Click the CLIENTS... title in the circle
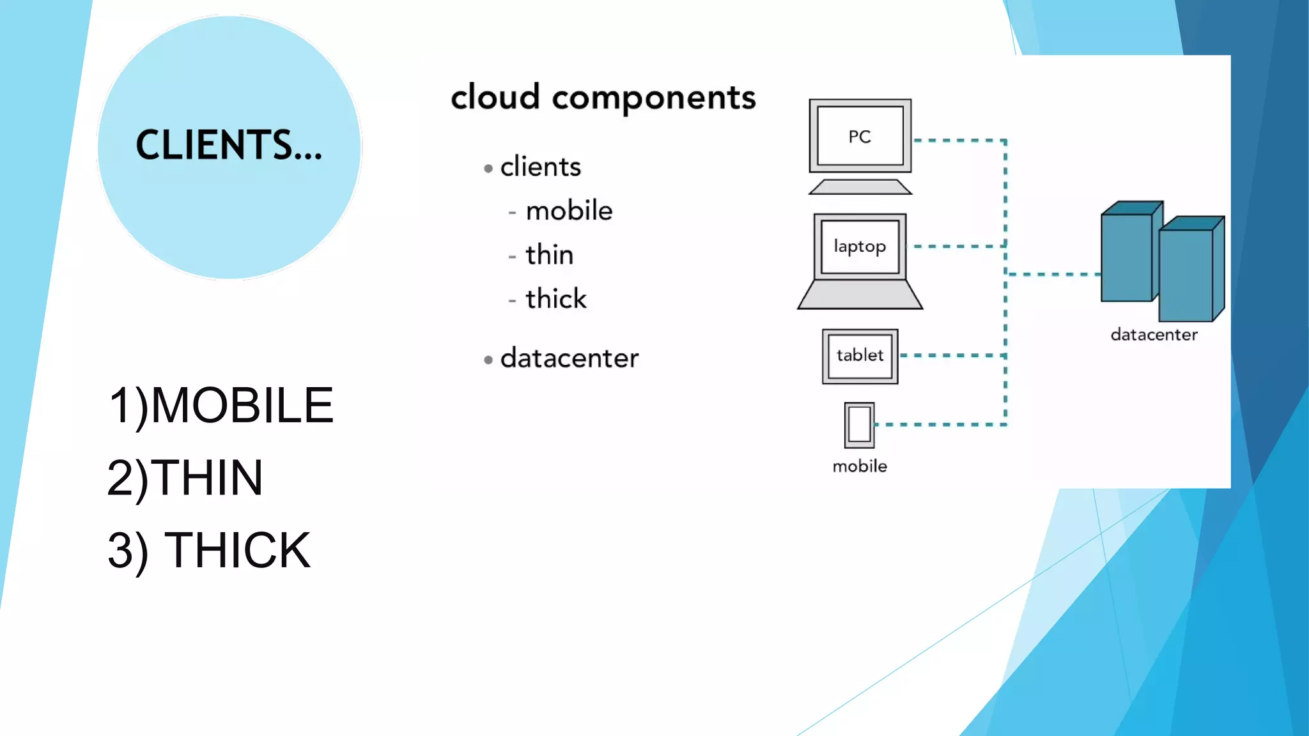[229, 145]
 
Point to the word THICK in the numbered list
[236, 550]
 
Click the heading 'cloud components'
[603, 98]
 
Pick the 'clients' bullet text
[540, 167]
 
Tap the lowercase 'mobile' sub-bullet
[569, 211]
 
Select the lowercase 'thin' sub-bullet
[549, 255]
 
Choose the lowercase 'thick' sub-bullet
[555, 299]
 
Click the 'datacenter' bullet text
[569, 358]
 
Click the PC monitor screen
[860, 136]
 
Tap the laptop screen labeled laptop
[860, 247]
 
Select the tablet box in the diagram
[860, 356]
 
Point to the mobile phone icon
[859, 425]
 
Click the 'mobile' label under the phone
[860, 466]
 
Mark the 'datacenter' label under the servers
[1154, 335]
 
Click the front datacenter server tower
[1186, 275]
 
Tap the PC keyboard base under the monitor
[860, 187]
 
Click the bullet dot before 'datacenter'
[488, 360]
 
